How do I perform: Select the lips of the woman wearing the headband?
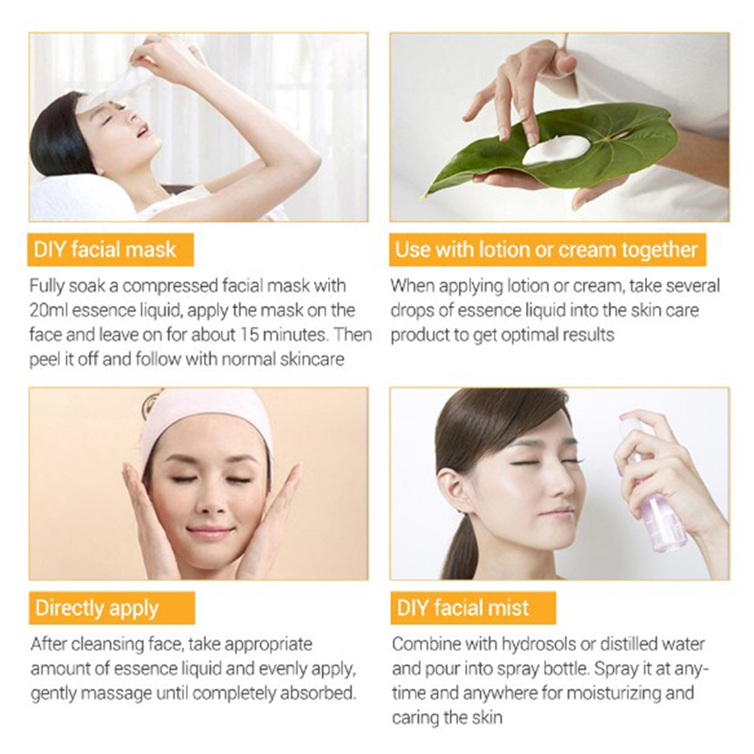tap(210, 531)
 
